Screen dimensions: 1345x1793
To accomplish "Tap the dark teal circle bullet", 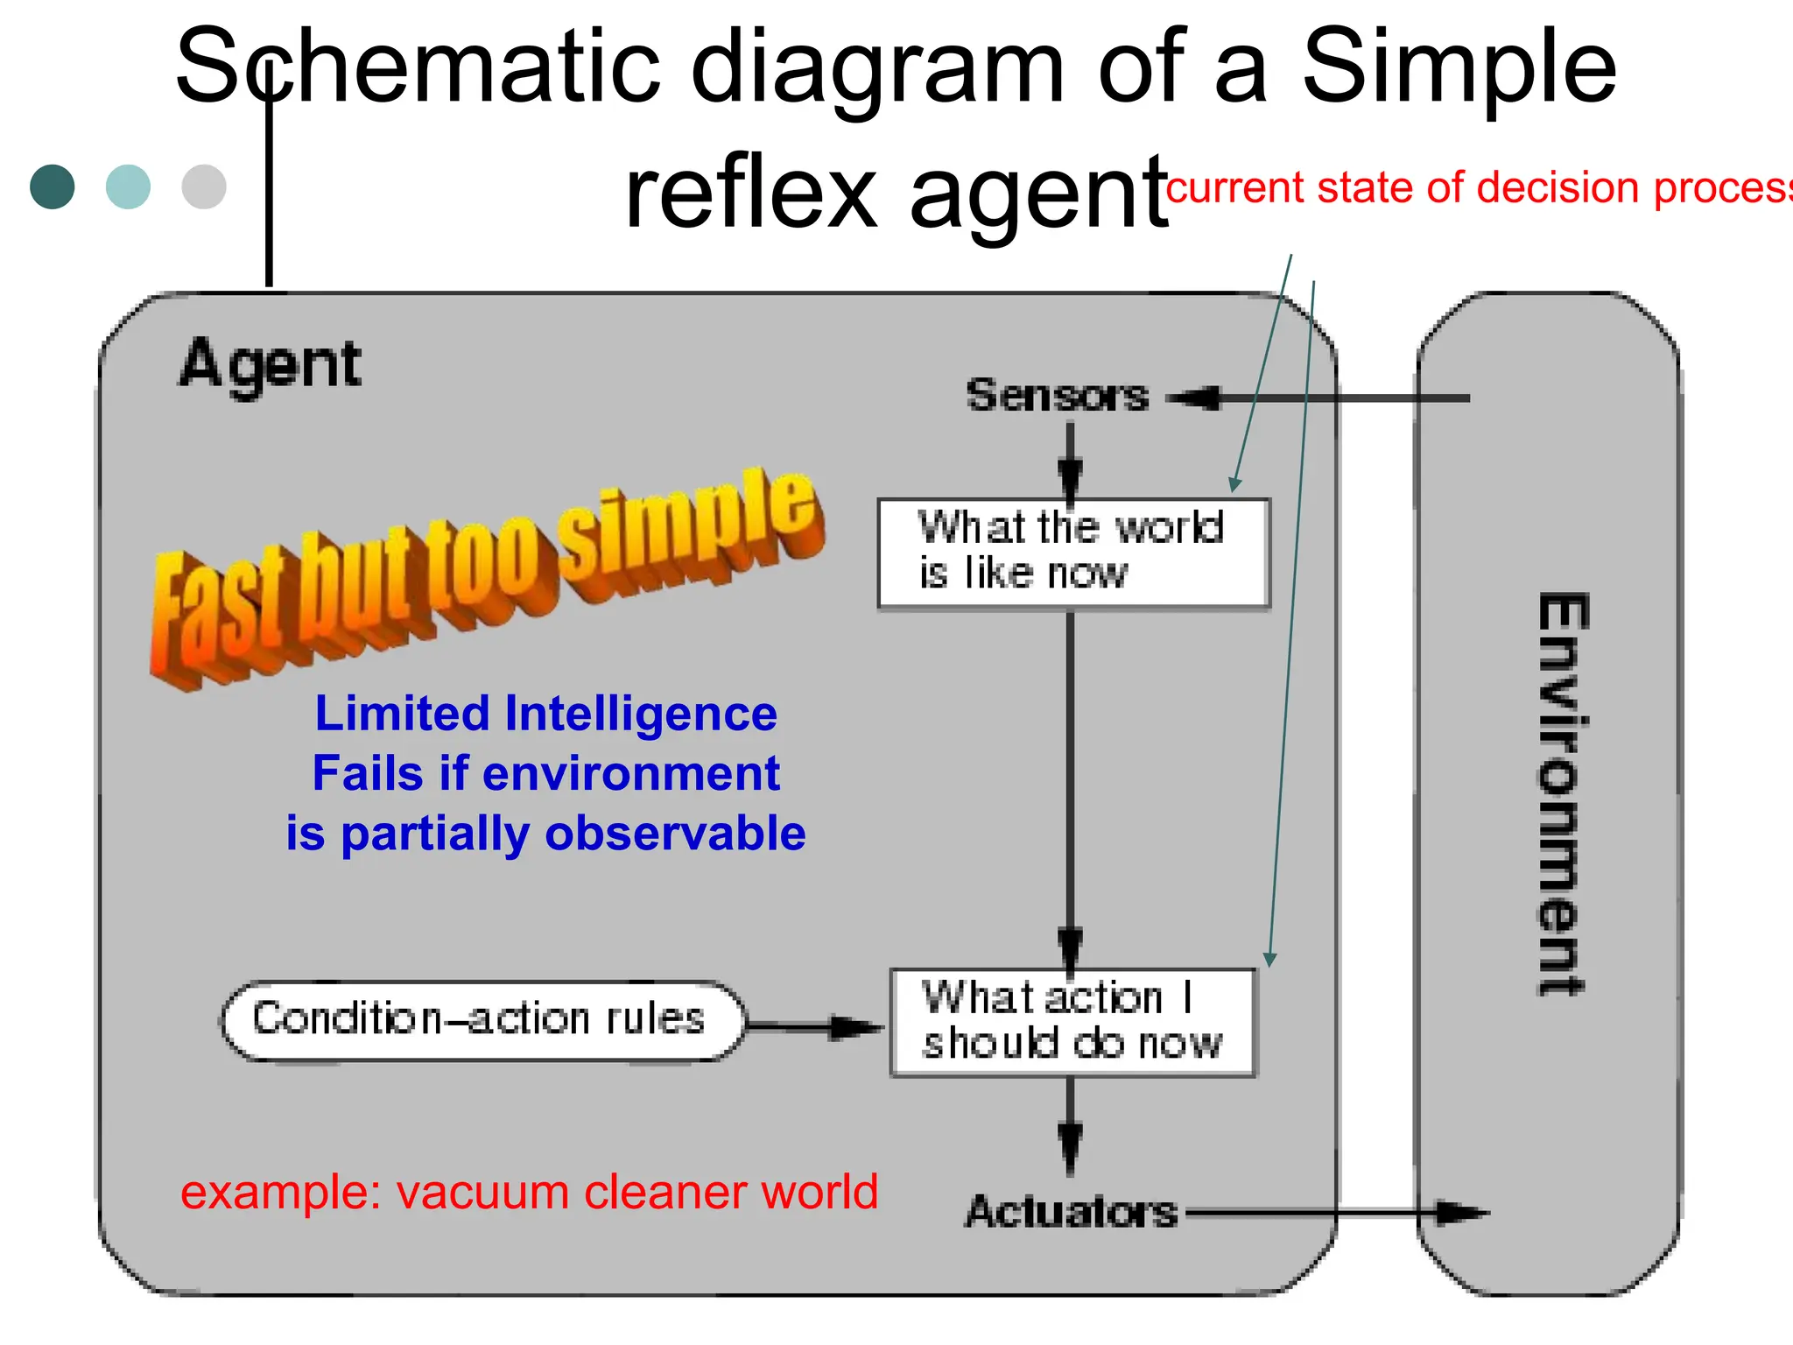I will (x=53, y=187).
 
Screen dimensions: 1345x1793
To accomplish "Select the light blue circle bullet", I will (x=128, y=187).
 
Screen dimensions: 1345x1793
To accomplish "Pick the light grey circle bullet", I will (x=204, y=187).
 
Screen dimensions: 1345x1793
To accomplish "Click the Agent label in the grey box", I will (x=271, y=363).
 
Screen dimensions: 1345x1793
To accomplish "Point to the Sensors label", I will (x=1057, y=395).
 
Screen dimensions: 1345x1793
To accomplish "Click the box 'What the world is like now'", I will (x=1073, y=553).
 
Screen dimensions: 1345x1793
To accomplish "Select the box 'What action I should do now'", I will (x=1072, y=1022).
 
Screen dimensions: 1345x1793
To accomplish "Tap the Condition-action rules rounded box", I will (x=482, y=1020).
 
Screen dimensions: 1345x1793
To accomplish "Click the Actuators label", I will (x=1072, y=1212).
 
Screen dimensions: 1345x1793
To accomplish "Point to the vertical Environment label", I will (x=1563, y=792).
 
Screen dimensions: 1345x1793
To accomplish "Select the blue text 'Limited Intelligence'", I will (x=545, y=713).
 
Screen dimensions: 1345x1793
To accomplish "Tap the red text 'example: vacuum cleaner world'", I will (x=529, y=1192).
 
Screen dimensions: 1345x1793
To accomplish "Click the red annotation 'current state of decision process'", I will (x=1480, y=187).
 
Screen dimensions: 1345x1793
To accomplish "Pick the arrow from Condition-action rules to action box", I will (x=814, y=1027).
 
